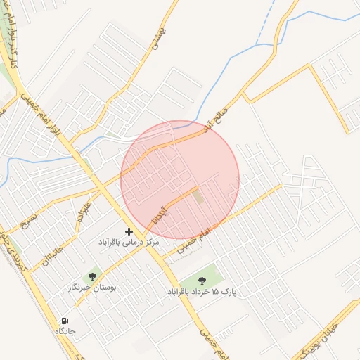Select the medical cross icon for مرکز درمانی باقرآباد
(x=129, y=231)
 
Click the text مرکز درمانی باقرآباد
(x=129, y=242)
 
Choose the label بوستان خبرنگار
(x=92, y=288)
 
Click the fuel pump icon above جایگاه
(x=65, y=321)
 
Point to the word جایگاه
(x=65, y=331)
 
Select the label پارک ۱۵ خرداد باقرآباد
(x=202, y=291)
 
